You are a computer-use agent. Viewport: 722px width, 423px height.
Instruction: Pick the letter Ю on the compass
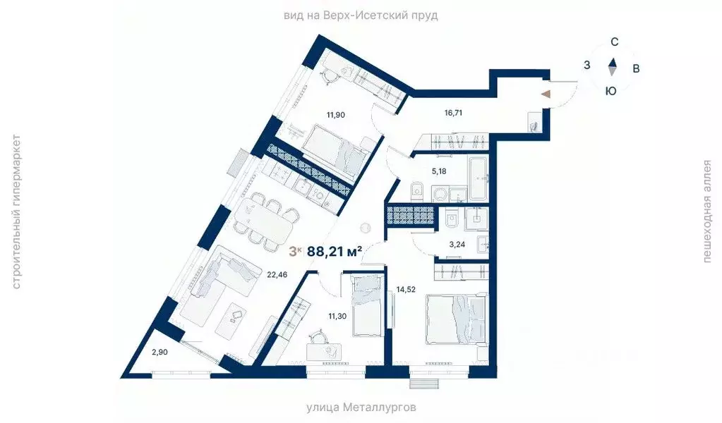(x=611, y=90)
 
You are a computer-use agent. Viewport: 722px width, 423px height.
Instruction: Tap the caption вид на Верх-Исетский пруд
(x=361, y=13)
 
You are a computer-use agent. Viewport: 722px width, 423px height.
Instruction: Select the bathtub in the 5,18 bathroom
(x=477, y=178)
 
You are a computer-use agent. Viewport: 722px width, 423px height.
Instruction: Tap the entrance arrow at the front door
(x=545, y=93)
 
